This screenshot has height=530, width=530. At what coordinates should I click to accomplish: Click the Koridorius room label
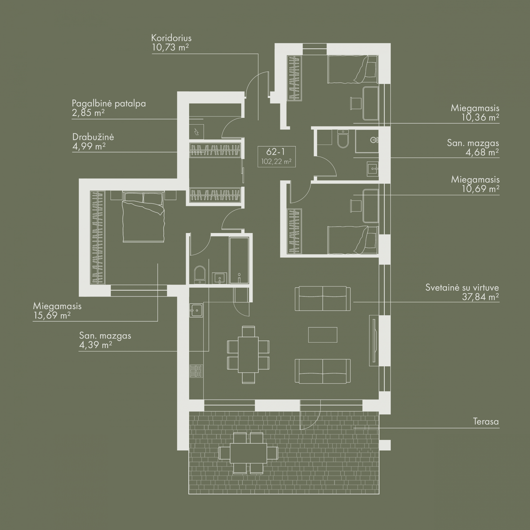tap(171, 38)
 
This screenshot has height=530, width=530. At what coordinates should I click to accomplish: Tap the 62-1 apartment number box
tap(277, 157)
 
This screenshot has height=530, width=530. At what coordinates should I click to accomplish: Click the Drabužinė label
tap(93, 137)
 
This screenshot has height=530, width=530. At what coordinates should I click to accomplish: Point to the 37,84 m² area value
tap(480, 297)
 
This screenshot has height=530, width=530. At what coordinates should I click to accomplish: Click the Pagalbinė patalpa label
tap(109, 104)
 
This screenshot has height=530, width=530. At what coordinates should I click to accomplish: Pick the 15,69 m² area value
tap(52, 315)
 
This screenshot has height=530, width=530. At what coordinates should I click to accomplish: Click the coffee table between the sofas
tap(323, 335)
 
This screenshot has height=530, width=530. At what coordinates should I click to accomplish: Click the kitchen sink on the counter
tap(196, 310)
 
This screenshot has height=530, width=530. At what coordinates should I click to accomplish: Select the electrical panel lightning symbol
tap(197, 132)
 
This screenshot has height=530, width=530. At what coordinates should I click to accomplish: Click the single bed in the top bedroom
tap(352, 69)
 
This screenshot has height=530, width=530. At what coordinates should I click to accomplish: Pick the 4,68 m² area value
tap(482, 152)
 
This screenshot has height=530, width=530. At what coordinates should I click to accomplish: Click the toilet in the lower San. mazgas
tap(200, 274)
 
